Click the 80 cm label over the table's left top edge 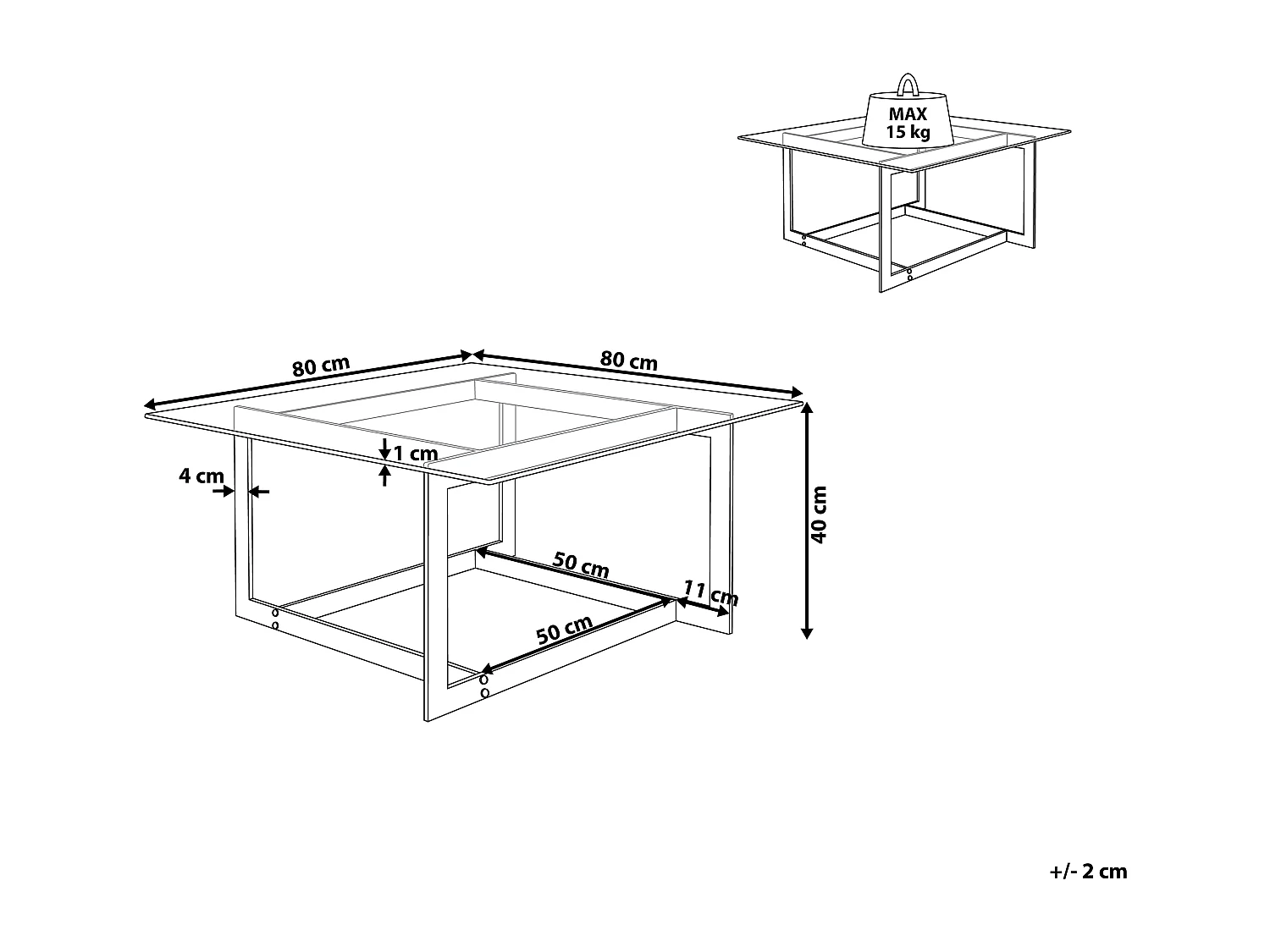[321, 366]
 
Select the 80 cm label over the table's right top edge [628, 360]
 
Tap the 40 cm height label [820, 515]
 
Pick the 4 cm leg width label [201, 476]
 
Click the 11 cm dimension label [711, 593]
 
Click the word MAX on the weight [908, 114]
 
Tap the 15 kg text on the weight [908, 132]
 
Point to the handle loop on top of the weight [908, 85]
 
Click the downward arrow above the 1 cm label [385, 448]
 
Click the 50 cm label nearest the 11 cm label [581, 564]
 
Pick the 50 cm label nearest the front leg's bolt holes [564, 630]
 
